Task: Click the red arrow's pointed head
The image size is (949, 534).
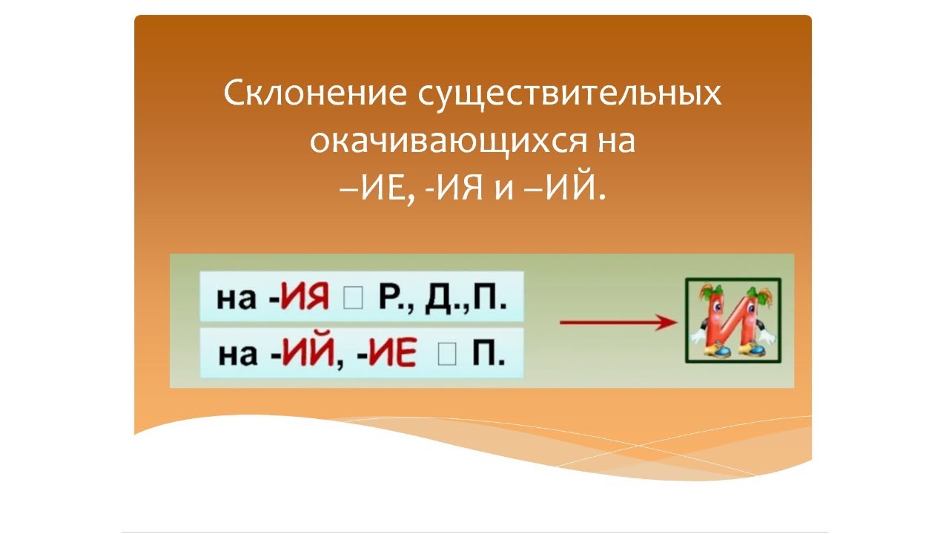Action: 670,323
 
